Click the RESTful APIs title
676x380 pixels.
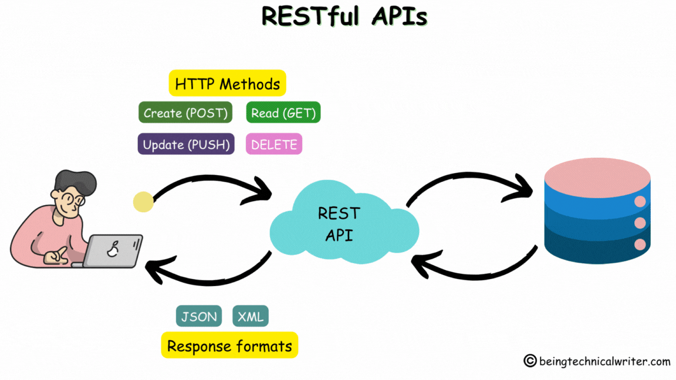coord(344,16)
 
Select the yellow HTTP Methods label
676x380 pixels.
coord(227,84)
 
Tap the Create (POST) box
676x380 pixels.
coord(185,113)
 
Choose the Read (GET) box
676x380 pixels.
coord(283,113)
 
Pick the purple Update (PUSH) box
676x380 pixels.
coord(186,144)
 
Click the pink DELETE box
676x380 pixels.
coord(273,144)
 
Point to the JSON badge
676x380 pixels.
coord(199,317)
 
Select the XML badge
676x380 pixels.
coord(251,317)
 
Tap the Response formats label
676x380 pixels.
coord(229,346)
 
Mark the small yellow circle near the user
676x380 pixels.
coord(143,202)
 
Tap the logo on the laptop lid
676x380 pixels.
coord(111,250)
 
